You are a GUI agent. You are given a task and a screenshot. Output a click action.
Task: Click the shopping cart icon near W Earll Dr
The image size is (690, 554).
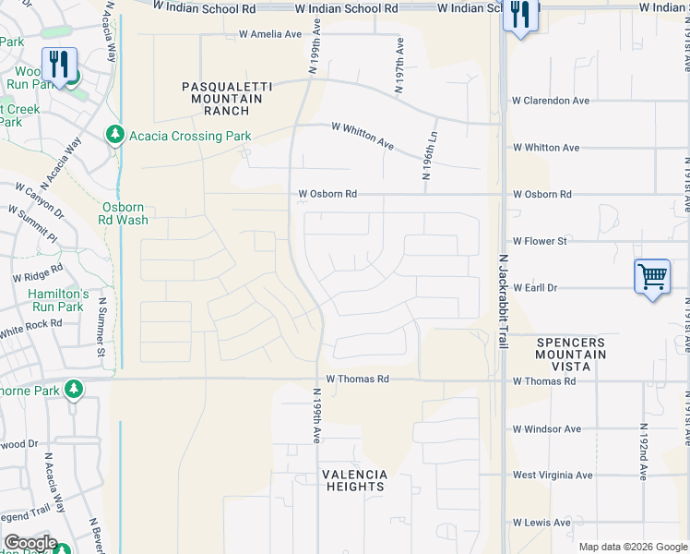(x=652, y=276)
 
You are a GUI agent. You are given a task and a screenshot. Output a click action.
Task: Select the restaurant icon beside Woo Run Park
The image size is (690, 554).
(x=60, y=65)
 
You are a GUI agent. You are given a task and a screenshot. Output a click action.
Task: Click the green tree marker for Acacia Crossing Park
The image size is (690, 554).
(x=115, y=136)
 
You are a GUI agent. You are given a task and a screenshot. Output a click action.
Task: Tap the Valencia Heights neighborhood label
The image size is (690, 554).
(x=354, y=480)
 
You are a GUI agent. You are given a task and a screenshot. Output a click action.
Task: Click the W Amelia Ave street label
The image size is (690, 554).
(x=270, y=35)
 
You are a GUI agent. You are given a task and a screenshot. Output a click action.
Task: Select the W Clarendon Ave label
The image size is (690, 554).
(x=551, y=101)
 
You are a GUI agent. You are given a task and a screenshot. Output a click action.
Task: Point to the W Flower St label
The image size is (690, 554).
(x=540, y=242)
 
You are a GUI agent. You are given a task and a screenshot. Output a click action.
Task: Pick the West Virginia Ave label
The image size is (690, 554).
(x=553, y=476)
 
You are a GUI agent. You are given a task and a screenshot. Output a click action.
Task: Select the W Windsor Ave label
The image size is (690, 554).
(x=547, y=429)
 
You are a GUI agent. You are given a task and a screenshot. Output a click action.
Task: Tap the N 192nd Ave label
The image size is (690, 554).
(x=642, y=452)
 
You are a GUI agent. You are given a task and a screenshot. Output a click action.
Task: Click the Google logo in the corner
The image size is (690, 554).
(x=30, y=543)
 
